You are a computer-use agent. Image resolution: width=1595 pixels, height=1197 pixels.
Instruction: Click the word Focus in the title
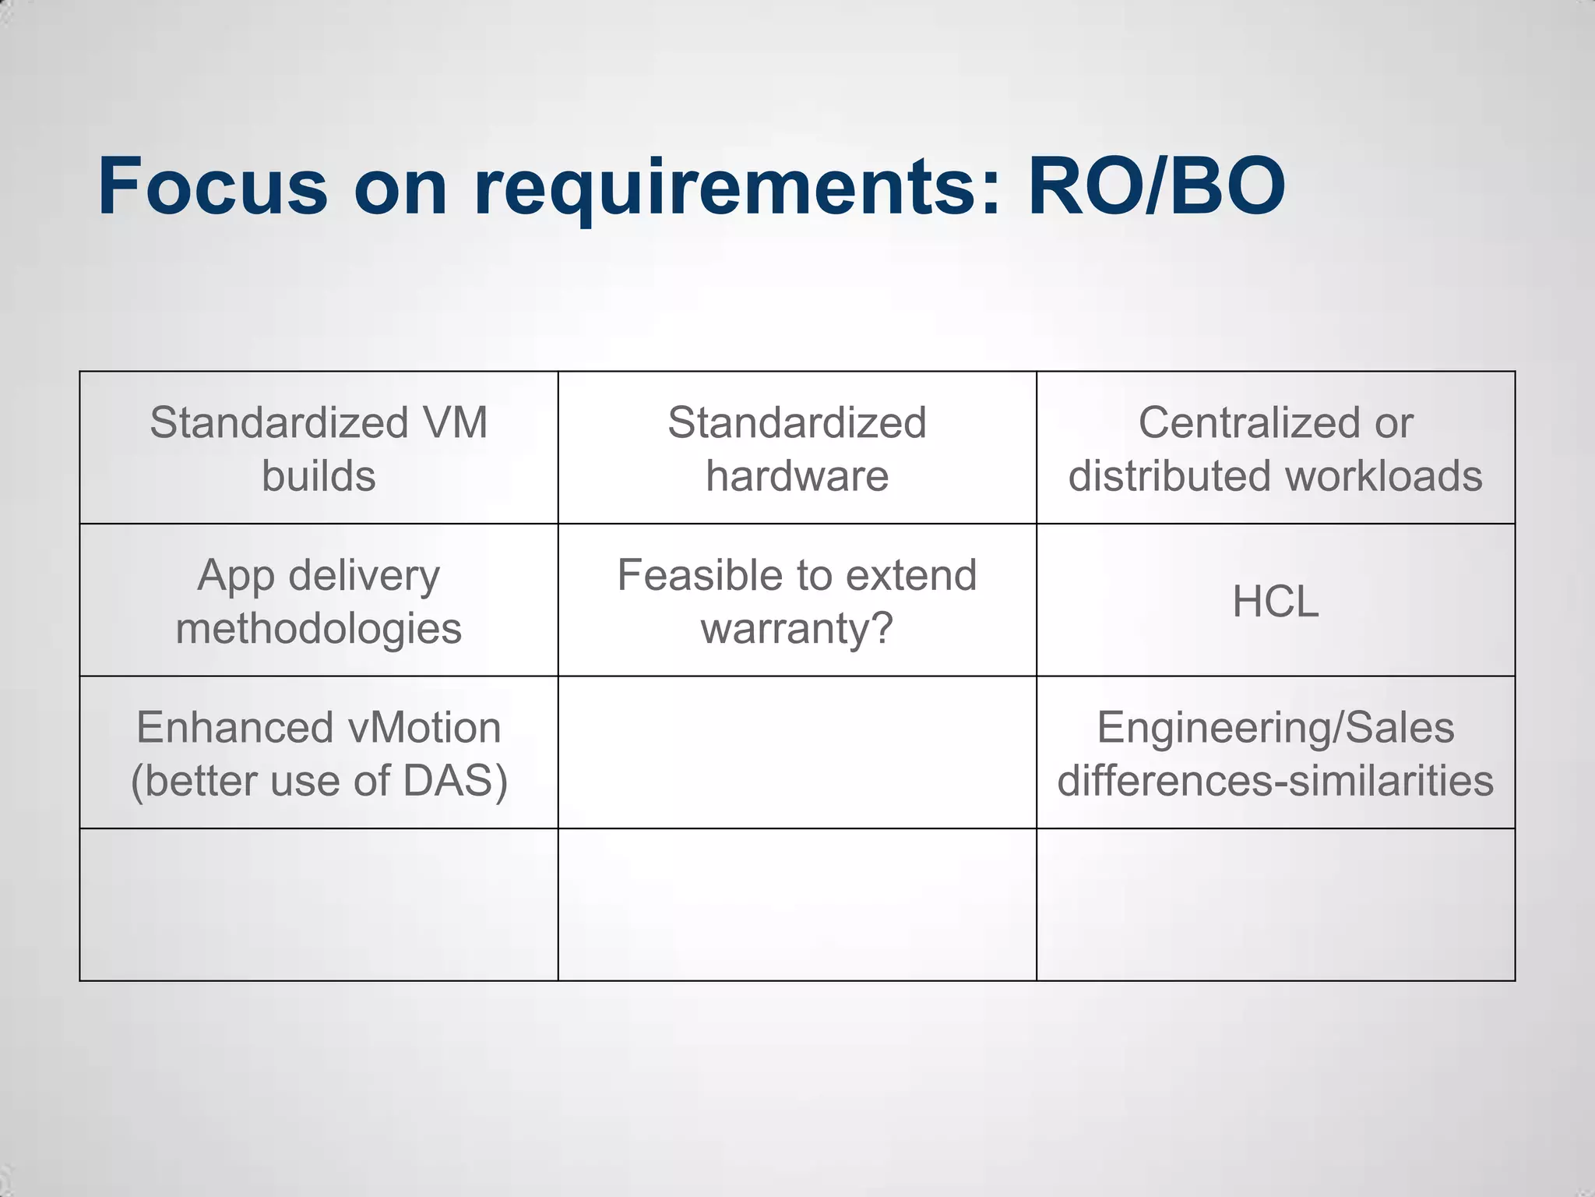(213, 187)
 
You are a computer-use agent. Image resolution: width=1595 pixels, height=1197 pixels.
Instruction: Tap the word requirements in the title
(724, 187)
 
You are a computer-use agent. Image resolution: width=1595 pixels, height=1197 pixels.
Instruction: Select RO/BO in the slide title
(1157, 187)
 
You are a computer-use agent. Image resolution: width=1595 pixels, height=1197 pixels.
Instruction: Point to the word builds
(319, 476)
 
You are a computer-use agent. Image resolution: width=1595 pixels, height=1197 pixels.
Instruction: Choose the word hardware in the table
(797, 476)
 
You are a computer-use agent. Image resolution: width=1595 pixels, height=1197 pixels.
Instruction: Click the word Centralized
(1248, 423)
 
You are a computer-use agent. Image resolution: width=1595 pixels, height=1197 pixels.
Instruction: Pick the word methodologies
(319, 629)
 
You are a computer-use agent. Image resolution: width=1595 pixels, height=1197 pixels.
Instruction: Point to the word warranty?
(797, 629)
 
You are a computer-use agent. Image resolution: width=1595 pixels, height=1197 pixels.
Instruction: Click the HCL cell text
(1276, 602)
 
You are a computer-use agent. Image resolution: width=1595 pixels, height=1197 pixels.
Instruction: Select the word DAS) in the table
(456, 781)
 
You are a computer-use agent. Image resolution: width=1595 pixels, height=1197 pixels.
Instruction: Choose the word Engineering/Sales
(1276, 728)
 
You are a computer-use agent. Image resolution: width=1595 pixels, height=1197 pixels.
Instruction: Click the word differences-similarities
(1276, 781)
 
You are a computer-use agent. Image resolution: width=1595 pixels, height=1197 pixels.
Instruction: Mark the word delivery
(364, 577)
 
